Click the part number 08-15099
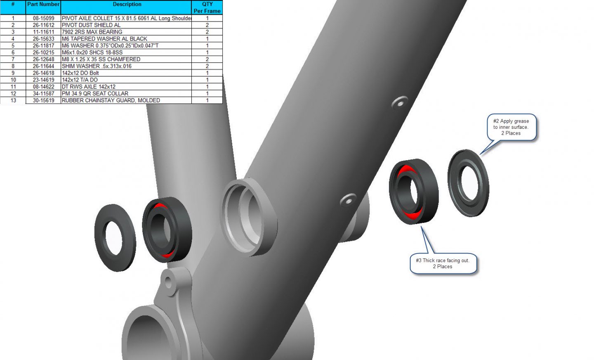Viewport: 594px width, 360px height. click(43, 18)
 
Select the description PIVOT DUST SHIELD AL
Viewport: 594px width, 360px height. click(91, 25)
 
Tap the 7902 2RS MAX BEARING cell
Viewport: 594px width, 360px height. click(92, 32)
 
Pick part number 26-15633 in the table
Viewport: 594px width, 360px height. click(43, 39)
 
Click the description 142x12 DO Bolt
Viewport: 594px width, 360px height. click(80, 73)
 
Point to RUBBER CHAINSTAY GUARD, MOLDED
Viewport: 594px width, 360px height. click(111, 100)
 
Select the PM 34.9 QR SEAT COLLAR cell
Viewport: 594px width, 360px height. click(95, 93)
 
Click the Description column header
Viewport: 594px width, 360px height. click(127, 4)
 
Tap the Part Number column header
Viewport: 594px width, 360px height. click(43, 4)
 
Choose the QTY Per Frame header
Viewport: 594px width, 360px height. click(207, 7)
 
